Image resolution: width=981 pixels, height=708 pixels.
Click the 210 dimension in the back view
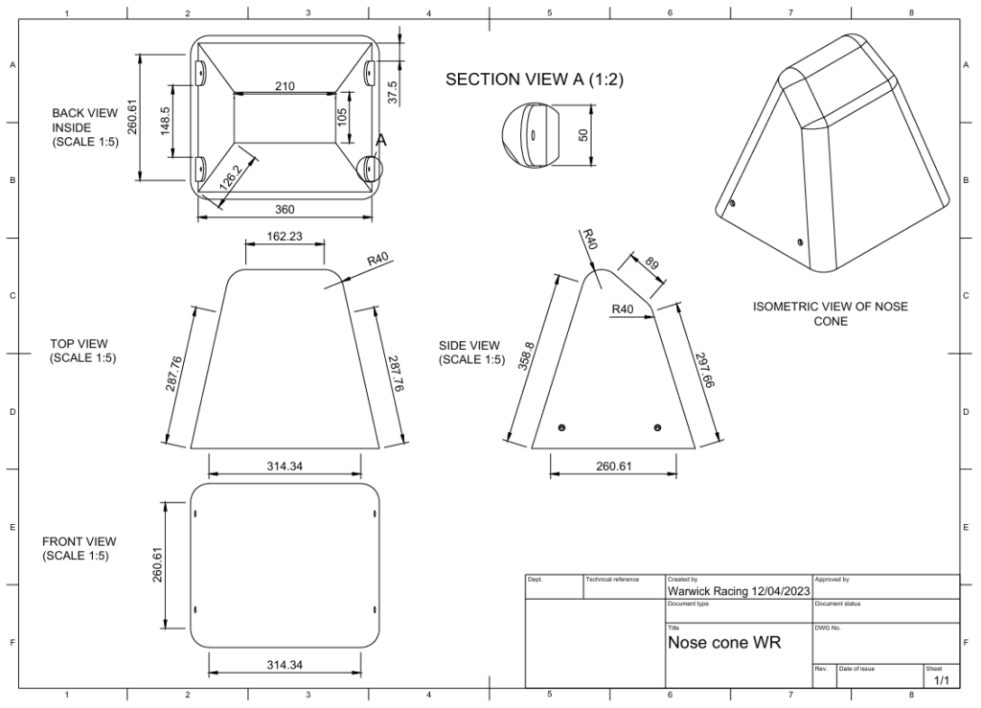click(x=285, y=86)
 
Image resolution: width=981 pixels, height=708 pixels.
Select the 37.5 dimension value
click(x=393, y=92)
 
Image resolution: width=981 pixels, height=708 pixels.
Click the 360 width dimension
click(x=285, y=210)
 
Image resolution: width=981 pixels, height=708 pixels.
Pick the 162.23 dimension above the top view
click(x=285, y=237)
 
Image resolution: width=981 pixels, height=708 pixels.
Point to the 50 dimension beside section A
click(x=582, y=134)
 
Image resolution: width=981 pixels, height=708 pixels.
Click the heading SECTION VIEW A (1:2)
click(x=535, y=80)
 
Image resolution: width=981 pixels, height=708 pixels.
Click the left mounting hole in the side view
click(x=562, y=426)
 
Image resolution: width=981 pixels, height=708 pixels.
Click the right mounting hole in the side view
click(x=657, y=426)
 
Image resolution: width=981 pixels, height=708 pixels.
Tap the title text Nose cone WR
click(x=724, y=642)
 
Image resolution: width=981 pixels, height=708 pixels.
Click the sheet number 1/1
click(x=941, y=680)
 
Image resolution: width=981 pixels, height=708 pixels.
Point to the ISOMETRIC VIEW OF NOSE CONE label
click(x=830, y=314)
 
